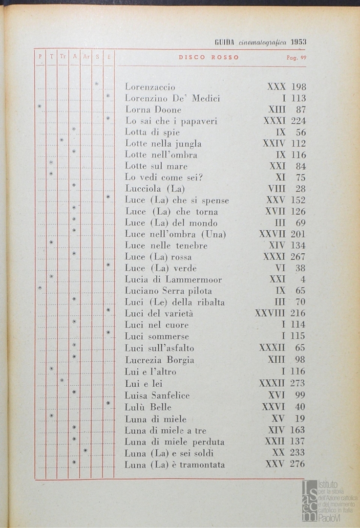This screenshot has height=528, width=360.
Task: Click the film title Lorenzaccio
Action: click(x=150, y=87)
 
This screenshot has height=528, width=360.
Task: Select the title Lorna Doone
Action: click(x=153, y=110)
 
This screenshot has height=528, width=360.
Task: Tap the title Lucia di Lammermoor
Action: click(x=173, y=280)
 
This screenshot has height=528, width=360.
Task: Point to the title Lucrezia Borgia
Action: click(x=159, y=360)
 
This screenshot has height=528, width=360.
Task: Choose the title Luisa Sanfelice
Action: click(x=157, y=395)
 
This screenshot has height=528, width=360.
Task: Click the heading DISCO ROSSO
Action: click(x=209, y=57)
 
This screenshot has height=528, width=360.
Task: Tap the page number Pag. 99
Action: click(x=296, y=57)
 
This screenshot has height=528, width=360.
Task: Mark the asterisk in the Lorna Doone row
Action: click(x=40, y=107)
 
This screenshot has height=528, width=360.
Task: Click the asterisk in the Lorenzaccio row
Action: click(x=96, y=84)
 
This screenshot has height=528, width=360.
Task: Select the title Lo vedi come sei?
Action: click(x=164, y=177)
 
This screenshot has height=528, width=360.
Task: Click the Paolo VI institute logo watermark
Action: click(x=329, y=500)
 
